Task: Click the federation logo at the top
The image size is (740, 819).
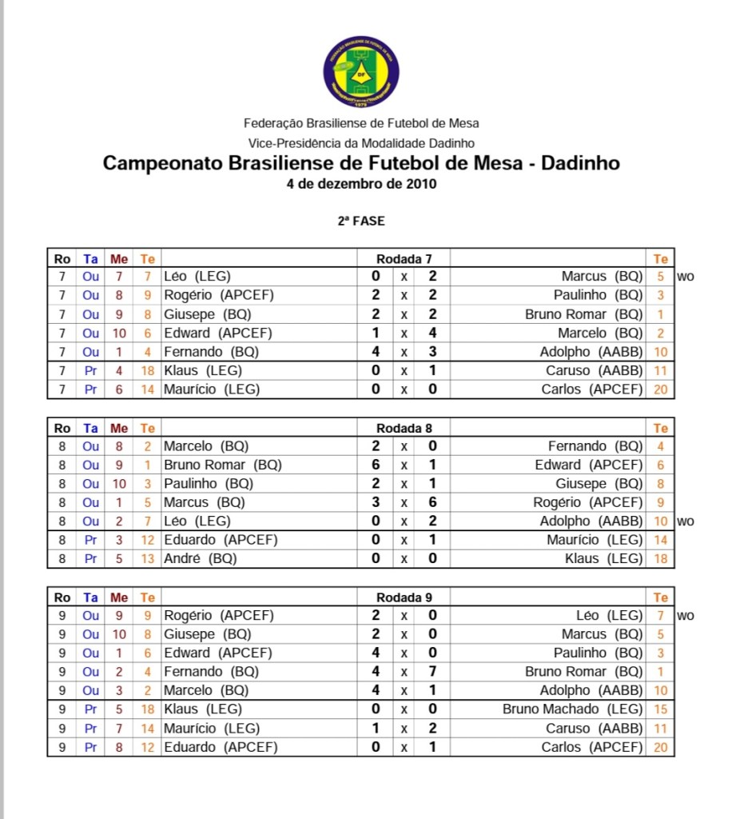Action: click(361, 71)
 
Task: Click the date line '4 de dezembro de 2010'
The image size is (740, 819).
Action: click(361, 183)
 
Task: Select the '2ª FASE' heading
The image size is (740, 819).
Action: click(361, 221)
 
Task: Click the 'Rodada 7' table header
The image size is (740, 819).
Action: click(404, 258)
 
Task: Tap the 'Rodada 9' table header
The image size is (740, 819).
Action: click(404, 597)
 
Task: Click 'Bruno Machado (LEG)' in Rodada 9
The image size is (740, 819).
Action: click(572, 709)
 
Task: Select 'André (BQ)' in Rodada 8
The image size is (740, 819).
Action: click(201, 559)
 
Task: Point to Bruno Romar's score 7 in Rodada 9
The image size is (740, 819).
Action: click(432, 672)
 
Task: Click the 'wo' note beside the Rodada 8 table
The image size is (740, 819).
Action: click(685, 521)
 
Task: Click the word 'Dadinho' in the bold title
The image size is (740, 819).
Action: click(580, 163)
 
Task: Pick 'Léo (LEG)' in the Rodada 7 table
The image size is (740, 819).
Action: click(197, 277)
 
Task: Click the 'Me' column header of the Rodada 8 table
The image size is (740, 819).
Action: click(119, 428)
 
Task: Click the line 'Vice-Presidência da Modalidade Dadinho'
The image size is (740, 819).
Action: click(361, 142)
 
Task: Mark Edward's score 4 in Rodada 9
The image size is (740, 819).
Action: click(376, 653)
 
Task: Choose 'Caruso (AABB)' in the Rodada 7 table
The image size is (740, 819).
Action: click(595, 371)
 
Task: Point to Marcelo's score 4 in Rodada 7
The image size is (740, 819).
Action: click(432, 334)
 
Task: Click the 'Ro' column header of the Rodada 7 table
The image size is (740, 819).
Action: click(62, 258)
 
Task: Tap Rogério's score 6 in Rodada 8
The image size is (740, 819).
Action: click(432, 503)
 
